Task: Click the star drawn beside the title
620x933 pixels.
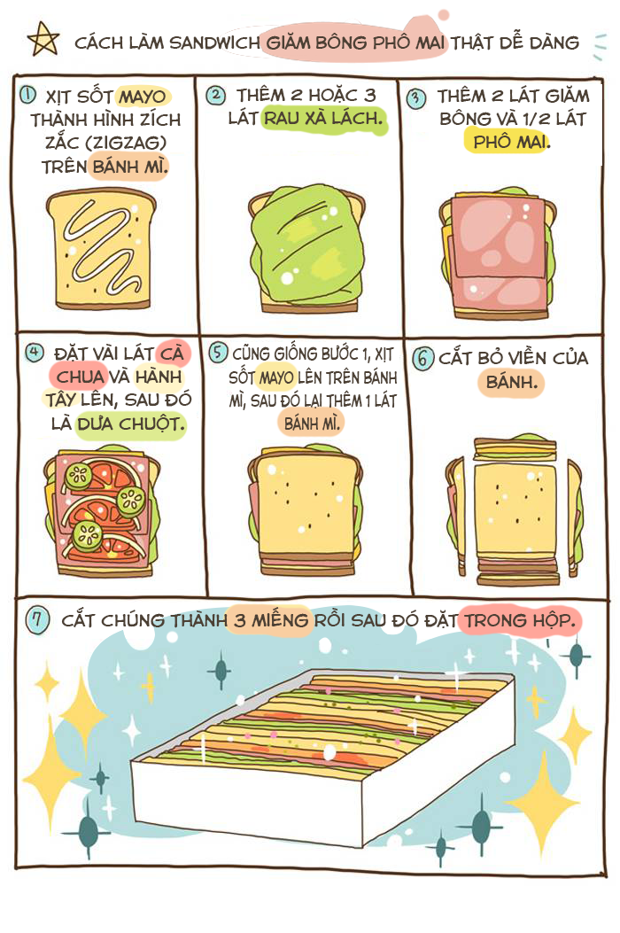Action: click(x=43, y=39)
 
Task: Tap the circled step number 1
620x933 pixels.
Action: click(x=27, y=95)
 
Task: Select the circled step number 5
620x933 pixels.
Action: click(x=218, y=352)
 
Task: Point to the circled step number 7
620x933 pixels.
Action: click(x=37, y=620)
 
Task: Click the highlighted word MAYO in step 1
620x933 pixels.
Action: click(x=143, y=97)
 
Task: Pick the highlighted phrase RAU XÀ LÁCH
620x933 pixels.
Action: click(x=322, y=118)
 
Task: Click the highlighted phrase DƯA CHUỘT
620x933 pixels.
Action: click(x=131, y=424)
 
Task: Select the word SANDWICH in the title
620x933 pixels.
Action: click(x=215, y=43)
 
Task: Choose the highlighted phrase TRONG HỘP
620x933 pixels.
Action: click(x=519, y=620)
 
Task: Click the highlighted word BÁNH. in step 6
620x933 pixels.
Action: click(x=511, y=381)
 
